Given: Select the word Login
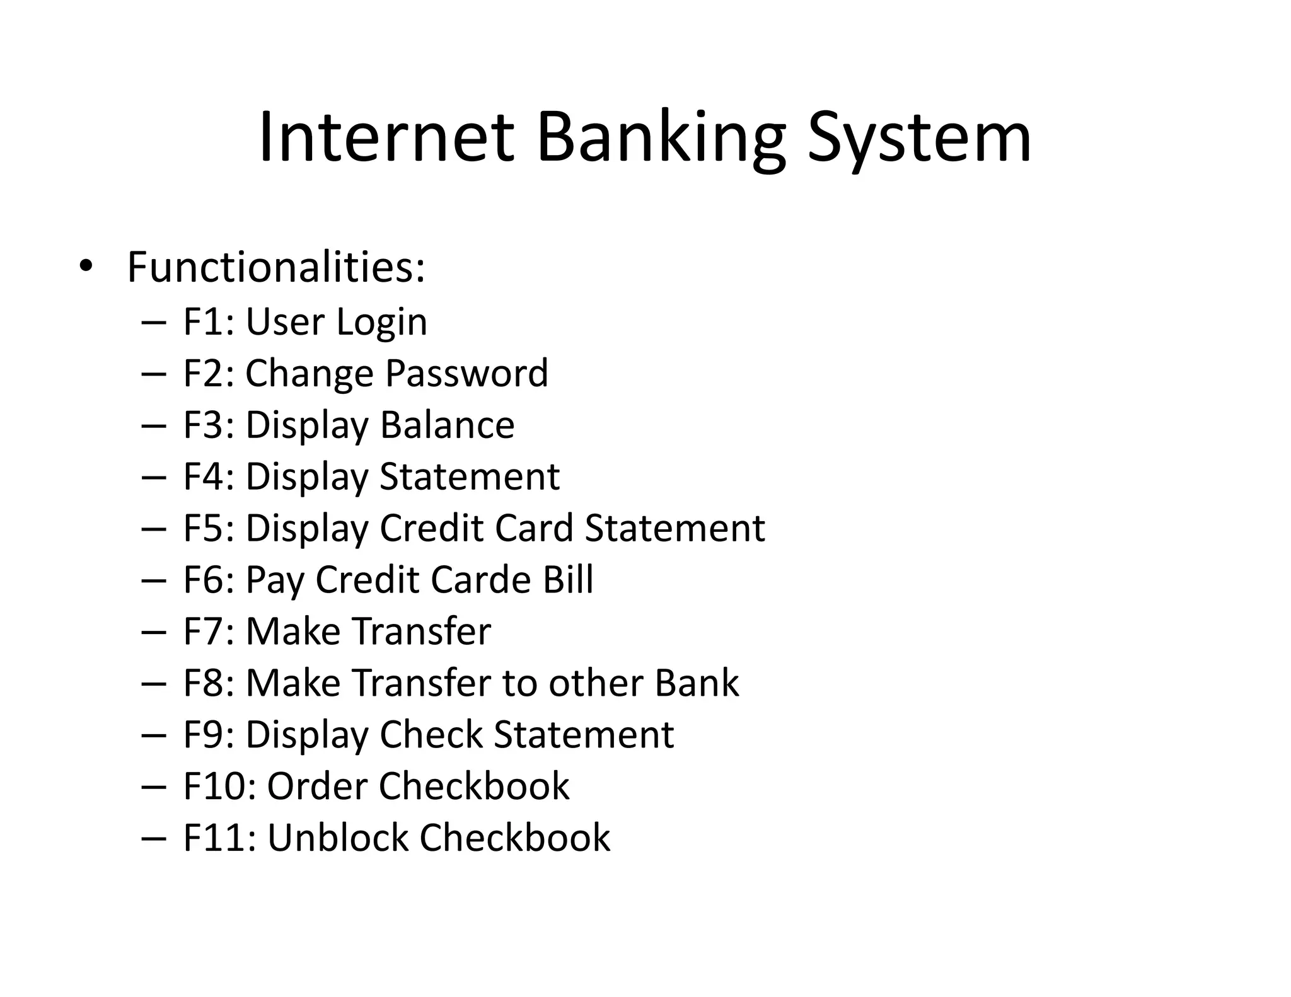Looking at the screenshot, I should point(381,323).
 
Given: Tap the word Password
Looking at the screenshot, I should point(466,373).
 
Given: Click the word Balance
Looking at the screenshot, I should point(447,425).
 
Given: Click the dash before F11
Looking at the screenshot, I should point(154,839).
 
